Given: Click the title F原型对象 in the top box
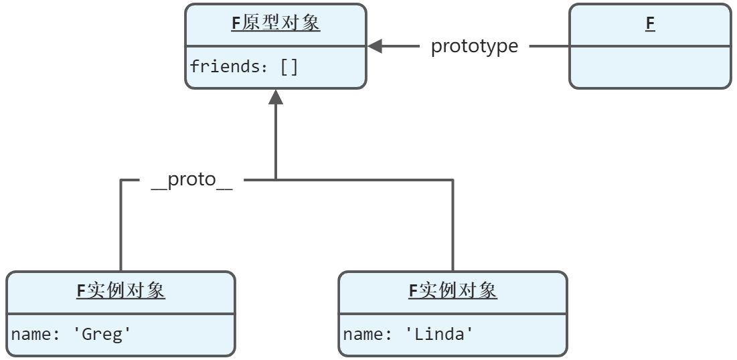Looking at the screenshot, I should [x=275, y=23].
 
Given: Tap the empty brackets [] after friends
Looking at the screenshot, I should [x=289, y=67].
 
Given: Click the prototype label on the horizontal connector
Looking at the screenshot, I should [x=474, y=46].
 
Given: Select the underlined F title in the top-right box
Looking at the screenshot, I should [x=649, y=23].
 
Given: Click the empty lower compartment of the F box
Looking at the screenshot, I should [x=649, y=67].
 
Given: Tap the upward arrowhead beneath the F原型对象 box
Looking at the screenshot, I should [x=276, y=98].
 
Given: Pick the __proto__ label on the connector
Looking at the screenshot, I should [x=191, y=180].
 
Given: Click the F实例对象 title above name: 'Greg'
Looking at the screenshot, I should [x=120, y=291].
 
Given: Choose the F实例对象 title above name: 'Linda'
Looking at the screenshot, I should [x=453, y=291].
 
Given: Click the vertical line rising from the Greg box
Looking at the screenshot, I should [x=121, y=228].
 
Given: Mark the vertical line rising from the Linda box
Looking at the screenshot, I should [x=453, y=228].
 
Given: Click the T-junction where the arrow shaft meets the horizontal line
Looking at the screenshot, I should [x=276, y=180].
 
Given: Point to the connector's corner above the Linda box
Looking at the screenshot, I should [x=453, y=180].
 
